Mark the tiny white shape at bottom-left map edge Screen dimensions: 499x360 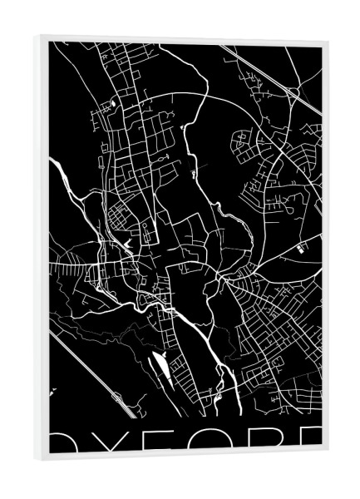click(x=52, y=390)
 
